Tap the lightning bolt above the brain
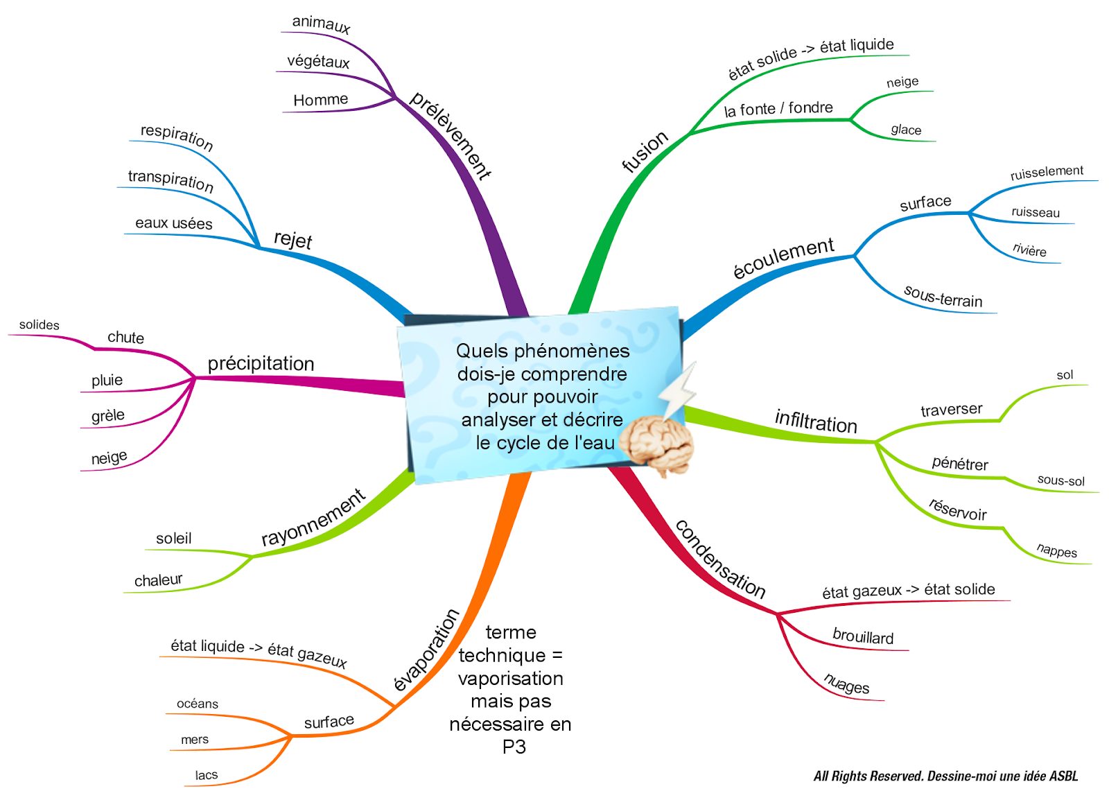tap(677, 392)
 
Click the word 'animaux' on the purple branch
tap(321, 24)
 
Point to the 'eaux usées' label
tap(173, 223)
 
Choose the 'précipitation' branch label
tap(261, 363)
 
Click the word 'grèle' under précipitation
tap(108, 416)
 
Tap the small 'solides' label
tap(39, 324)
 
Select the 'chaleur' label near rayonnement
tap(158, 580)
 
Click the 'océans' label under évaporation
tap(198, 704)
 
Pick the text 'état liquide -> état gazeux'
tap(259, 651)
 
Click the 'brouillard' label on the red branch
tap(863, 636)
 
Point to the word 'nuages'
tap(846, 684)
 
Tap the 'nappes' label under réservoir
tap(1057, 550)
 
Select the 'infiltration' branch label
tap(816, 421)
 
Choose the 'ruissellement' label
tap(1047, 172)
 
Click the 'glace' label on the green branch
tap(906, 130)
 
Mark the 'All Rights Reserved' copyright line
tap(945, 776)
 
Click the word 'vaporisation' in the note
tap(511, 678)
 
